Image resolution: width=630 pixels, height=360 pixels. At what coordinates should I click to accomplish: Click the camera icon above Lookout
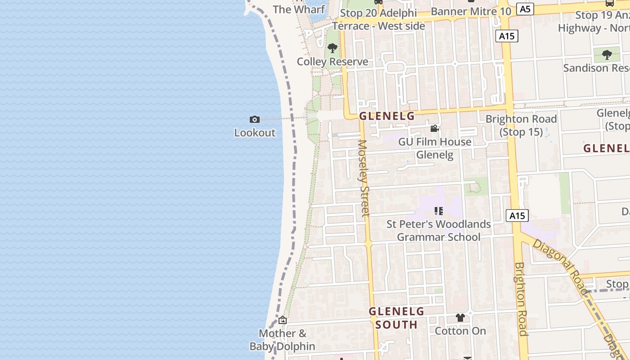click(x=255, y=119)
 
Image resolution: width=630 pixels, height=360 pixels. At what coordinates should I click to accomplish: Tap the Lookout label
click(x=255, y=133)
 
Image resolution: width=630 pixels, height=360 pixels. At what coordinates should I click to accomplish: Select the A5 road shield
click(x=525, y=9)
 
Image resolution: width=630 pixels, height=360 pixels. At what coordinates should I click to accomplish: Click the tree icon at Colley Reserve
click(x=333, y=48)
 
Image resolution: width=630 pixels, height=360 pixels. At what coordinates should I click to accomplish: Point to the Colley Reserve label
click(x=333, y=62)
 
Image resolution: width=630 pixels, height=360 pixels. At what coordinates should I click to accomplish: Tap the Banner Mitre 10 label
click(x=471, y=12)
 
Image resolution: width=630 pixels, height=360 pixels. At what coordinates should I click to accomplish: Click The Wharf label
click(x=299, y=9)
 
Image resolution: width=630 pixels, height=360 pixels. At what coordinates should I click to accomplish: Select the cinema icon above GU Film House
click(x=434, y=129)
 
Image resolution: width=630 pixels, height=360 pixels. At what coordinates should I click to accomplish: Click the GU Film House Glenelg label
click(x=435, y=148)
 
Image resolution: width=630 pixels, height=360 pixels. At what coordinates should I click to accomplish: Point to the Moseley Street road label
click(x=364, y=178)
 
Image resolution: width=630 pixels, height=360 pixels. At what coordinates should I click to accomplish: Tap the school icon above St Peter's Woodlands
click(x=439, y=211)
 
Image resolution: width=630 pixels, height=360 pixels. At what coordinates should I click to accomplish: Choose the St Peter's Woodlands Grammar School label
click(x=439, y=230)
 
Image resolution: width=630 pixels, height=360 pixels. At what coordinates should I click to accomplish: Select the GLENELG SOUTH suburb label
click(x=396, y=318)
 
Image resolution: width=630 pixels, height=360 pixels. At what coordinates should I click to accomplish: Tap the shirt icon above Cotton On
click(x=460, y=318)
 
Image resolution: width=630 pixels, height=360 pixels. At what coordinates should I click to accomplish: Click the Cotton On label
click(x=460, y=331)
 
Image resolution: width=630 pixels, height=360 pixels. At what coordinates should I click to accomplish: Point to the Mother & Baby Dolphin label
click(x=283, y=340)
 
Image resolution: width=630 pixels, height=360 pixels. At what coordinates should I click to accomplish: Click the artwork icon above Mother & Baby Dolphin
click(x=283, y=320)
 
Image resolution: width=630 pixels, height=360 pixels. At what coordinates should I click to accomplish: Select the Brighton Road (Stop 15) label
click(x=521, y=126)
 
